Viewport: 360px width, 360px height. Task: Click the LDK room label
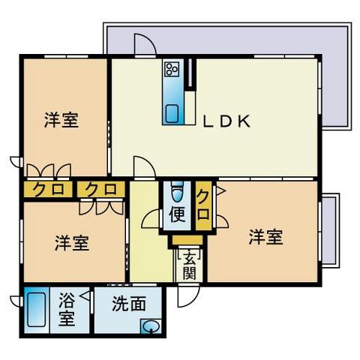[226, 121]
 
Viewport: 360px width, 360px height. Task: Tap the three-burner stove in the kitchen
[172, 69]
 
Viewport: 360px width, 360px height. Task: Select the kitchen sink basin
[172, 113]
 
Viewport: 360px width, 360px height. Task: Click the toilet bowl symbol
[178, 192]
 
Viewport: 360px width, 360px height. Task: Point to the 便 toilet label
[178, 214]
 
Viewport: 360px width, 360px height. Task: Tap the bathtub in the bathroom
[37, 310]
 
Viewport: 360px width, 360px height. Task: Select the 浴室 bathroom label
[67, 310]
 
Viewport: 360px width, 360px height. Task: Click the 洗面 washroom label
[129, 304]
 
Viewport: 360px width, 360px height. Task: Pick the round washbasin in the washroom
[151, 326]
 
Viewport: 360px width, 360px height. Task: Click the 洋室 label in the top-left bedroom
[61, 121]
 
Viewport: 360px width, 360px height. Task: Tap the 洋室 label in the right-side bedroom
[265, 237]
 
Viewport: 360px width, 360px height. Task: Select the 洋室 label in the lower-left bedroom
[72, 243]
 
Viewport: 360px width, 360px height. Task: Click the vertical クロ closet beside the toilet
[203, 205]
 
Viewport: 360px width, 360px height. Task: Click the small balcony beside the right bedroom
[329, 230]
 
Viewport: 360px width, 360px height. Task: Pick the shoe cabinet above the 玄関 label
[187, 240]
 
